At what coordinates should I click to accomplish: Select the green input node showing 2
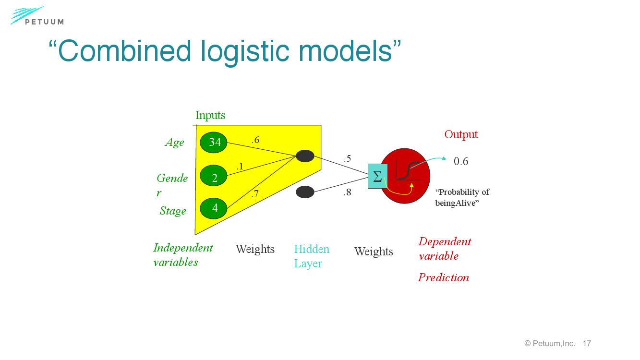pos(214,178)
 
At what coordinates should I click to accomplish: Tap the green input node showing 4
pos(214,208)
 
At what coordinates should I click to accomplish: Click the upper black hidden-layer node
pos(305,156)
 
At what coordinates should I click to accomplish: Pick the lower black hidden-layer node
pos(305,192)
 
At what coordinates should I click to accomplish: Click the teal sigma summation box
pos(377,176)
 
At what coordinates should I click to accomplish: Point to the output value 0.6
pos(461,161)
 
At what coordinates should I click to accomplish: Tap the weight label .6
pos(255,140)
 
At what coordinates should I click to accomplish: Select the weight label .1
pos(240,167)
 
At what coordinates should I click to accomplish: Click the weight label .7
pos(255,194)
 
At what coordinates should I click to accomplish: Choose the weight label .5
pos(347,158)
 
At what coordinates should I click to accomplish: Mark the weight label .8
pos(347,192)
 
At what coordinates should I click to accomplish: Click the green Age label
pos(174,143)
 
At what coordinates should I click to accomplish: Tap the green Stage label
pos(173,211)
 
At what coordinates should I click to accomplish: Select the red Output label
pos(461,134)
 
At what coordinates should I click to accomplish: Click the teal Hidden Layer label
pos(312,256)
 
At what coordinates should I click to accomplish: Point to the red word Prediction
pos(443,277)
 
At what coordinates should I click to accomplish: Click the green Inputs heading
pos(210,115)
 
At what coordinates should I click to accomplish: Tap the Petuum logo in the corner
pos(37,16)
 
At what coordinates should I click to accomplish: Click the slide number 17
pos(587,343)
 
